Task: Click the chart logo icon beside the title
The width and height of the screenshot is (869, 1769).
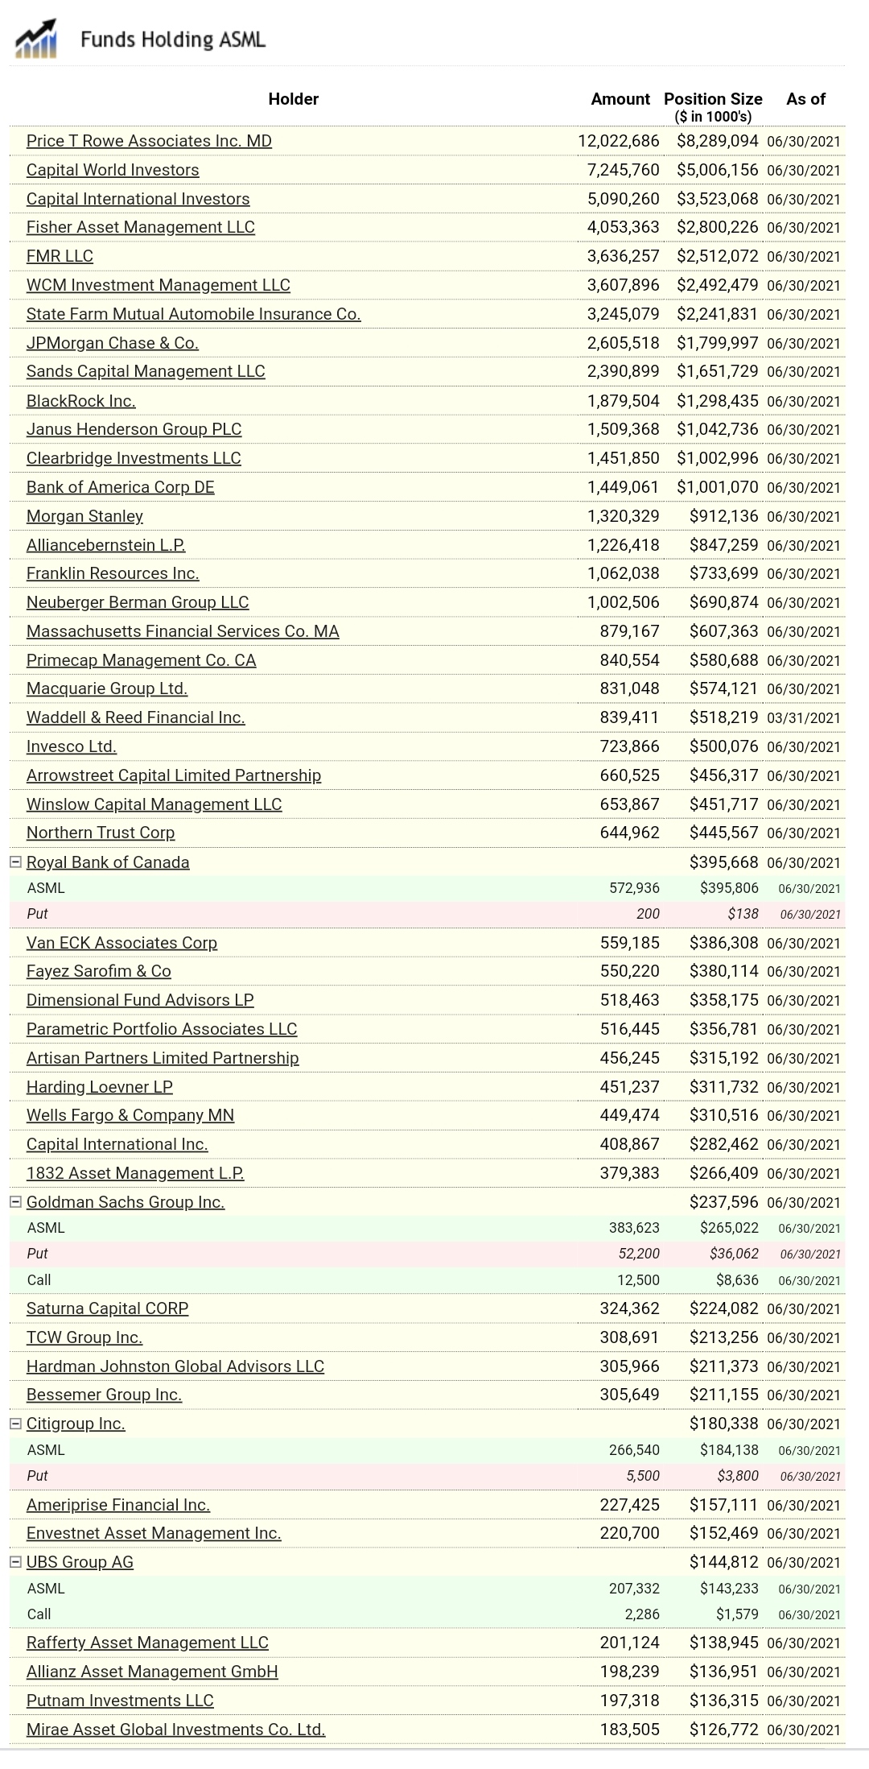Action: click(x=35, y=39)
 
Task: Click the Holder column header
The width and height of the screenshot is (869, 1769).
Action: click(x=293, y=99)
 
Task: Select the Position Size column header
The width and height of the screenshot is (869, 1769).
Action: click(x=713, y=99)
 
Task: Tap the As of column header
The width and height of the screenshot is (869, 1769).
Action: click(x=805, y=99)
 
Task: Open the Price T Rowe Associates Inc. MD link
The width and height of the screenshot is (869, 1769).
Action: click(x=149, y=141)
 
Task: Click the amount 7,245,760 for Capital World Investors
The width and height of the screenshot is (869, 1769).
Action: click(x=623, y=170)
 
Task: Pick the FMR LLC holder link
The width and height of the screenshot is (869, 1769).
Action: click(x=60, y=256)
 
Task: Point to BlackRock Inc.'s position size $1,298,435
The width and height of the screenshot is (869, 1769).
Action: click(x=717, y=401)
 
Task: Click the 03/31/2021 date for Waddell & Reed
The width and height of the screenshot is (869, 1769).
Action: click(x=803, y=718)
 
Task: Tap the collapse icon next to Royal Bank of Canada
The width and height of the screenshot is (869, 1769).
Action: click(x=15, y=862)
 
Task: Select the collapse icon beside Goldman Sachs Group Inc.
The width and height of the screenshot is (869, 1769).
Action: click(x=15, y=1201)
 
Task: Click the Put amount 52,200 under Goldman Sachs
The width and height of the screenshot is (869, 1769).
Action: click(x=639, y=1254)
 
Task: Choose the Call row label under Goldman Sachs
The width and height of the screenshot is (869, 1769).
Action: click(x=39, y=1280)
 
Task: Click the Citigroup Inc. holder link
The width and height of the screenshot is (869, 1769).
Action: click(x=76, y=1424)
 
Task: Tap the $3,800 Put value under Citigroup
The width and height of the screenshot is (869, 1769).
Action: click(x=738, y=1476)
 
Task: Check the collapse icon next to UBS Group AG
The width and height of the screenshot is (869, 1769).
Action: click(x=15, y=1561)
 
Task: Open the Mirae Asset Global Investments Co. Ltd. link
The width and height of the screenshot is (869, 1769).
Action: click(x=175, y=1730)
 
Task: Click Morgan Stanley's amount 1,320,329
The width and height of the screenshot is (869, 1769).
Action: click(x=623, y=516)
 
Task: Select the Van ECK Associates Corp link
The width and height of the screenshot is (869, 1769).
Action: click(x=121, y=943)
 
